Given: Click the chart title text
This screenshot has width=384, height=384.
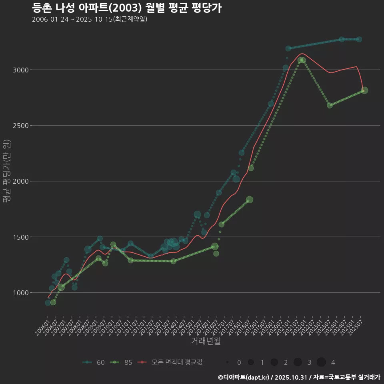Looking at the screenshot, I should (126, 8).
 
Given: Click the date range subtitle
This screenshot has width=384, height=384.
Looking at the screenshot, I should (90, 19).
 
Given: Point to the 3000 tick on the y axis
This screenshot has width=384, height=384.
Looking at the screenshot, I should (20, 70).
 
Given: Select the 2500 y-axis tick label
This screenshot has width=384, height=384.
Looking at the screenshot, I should (20, 126).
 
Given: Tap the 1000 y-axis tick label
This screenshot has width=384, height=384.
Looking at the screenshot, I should (20, 293).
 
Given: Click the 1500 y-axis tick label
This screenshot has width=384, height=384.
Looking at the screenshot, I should (20, 237).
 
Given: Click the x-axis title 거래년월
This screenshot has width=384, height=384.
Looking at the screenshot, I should (206, 341).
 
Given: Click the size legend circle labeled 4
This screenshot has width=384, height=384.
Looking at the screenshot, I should (321, 362).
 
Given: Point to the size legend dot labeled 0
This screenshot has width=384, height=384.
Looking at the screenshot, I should (227, 362).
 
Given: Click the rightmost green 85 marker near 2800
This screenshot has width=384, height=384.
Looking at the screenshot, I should (364, 90).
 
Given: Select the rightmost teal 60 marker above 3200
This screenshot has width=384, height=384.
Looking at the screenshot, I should (359, 39).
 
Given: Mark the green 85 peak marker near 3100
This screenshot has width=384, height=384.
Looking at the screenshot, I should (302, 60).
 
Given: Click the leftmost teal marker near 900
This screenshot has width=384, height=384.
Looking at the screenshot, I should (48, 303).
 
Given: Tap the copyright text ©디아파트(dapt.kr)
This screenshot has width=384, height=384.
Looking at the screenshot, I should (244, 377).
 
